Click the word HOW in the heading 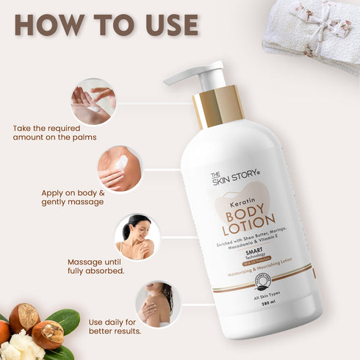[x=48, y=24]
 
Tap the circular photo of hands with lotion [x=93, y=101]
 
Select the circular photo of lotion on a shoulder [x=118, y=168]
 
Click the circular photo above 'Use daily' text [x=158, y=303]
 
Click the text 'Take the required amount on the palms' [x=54, y=132]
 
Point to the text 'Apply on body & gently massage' [x=73, y=197]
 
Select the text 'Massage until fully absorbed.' [x=96, y=266]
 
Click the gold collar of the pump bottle [x=218, y=107]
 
